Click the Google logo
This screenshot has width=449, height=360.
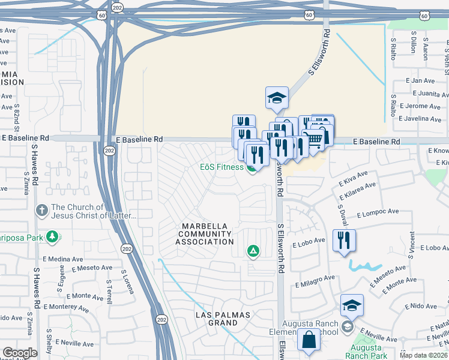click(x=20, y=353)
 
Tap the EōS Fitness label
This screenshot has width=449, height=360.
click(x=221, y=167)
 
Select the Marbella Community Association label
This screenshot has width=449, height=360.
click(x=205, y=233)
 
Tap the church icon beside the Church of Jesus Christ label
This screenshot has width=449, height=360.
click(x=41, y=211)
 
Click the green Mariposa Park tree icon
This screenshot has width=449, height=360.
click(x=53, y=236)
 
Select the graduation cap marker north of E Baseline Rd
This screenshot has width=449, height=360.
click(x=277, y=98)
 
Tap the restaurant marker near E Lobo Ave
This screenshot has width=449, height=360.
click(x=344, y=241)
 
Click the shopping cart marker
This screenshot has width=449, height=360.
click(x=315, y=139)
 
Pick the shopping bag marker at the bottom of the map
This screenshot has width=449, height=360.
click(x=309, y=340)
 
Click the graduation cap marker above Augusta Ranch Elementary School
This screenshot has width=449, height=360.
click(x=352, y=305)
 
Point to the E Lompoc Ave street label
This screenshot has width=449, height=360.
click(x=378, y=214)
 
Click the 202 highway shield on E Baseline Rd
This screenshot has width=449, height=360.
click(x=109, y=149)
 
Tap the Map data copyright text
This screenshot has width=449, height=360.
click(x=424, y=355)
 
